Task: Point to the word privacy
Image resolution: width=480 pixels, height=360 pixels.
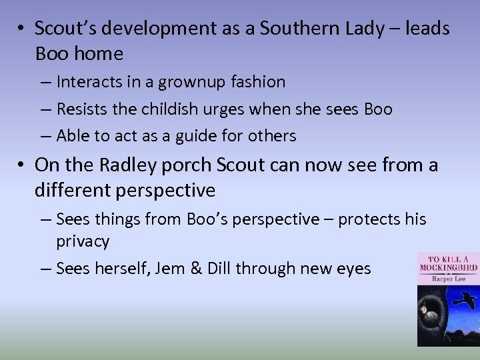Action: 83,241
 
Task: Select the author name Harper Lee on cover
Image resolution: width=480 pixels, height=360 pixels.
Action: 445,277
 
